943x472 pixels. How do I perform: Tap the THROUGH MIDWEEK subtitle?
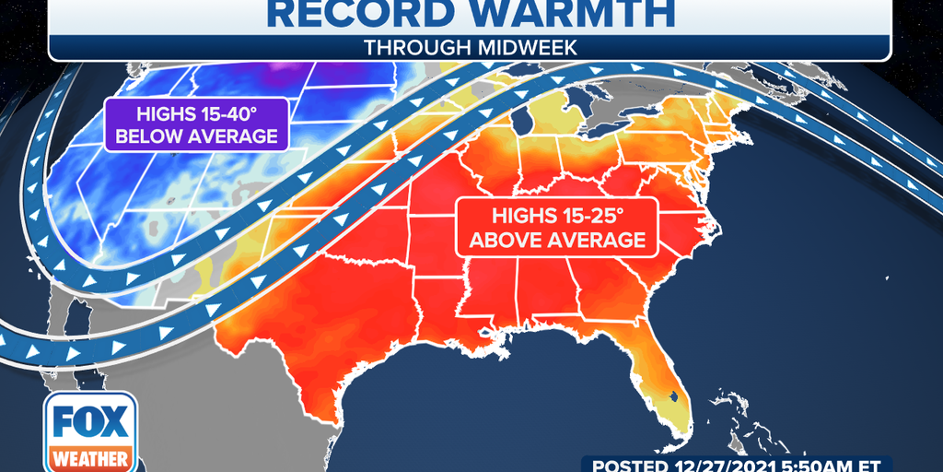tap(470, 47)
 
